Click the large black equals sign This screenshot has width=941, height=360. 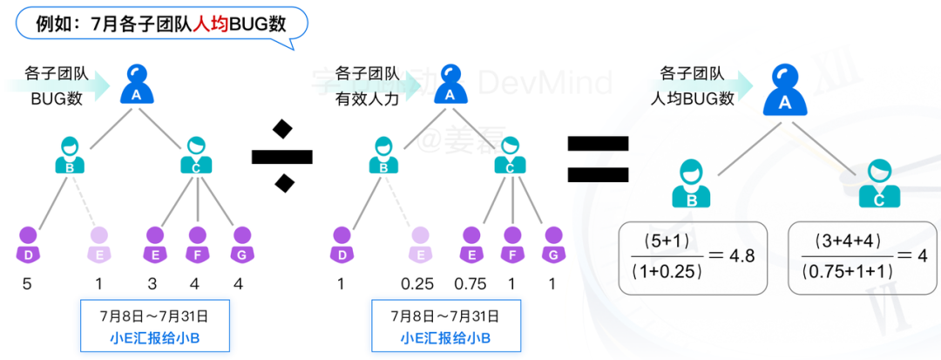click(x=598, y=158)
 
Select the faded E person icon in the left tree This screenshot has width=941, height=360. click(x=100, y=243)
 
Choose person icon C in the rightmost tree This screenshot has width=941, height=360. click(x=877, y=184)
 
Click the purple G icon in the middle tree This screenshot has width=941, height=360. click(x=551, y=243)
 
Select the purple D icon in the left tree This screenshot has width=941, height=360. click(x=29, y=243)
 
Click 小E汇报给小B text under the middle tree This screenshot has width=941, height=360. click(x=445, y=338)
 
